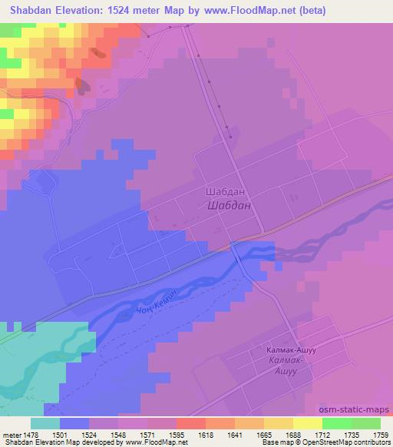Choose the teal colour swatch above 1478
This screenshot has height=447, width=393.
(x=45, y=423)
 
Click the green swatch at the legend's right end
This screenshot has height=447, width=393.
(x=366, y=423)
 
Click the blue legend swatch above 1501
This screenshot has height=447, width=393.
(x=74, y=423)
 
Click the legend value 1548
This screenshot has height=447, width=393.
(x=118, y=435)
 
